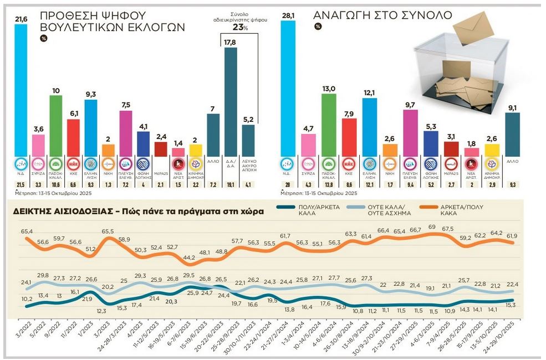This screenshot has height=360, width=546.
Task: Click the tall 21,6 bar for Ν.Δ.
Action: pyautogui.click(x=21, y=89)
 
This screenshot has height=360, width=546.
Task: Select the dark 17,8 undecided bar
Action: pyautogui.click(x=231, y=102)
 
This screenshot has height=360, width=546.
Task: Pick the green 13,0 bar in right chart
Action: pyautogui.click(x=329, y=125)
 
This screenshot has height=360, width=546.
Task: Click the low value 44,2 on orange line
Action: pyautogui.click(x=190, y=258)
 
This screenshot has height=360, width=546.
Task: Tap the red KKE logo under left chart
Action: pyautogui.click(x=73, y=164)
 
